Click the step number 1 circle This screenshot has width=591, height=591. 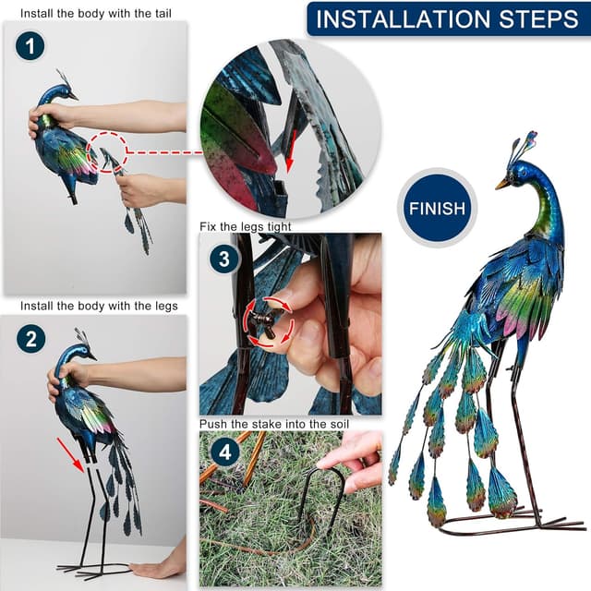pyautogui.click(x=30, y=47)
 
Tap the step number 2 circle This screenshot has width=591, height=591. pyautogui.click(x=30, y=339)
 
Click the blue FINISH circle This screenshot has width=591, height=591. pyautogui.click(x=436, y=209)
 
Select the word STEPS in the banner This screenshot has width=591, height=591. pyautogui.click(x=537, y=19)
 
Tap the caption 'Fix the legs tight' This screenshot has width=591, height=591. pyautogui.click(x=246, y=225)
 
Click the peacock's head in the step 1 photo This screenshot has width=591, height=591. pyautogui.click(x=64, y=92)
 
